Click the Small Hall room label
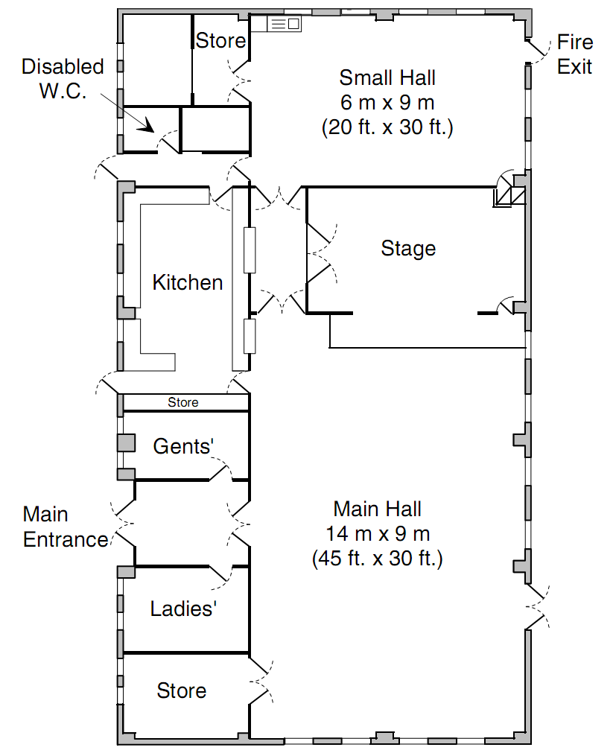[x=387, y=77]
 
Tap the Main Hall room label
[x=378, y=509]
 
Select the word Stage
[x=408, y=249]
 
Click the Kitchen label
[x=188, y=283]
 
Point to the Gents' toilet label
[x=183, y=446]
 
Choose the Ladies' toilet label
[x=183, y=609]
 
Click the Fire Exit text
[x=574, y=54]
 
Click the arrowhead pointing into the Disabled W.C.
[x=147, y=126]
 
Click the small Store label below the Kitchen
[x=183, y=403]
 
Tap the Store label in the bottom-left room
[x=182, y=691]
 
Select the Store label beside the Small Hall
[x=220, y=41]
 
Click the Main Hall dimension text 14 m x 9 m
[x=378, y=534]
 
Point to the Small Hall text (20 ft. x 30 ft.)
[x=387, y=127]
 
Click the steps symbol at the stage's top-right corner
[x=510, y=191]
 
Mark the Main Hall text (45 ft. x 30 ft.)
[x=378, y=559]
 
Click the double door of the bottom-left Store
[x=260, y=681]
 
